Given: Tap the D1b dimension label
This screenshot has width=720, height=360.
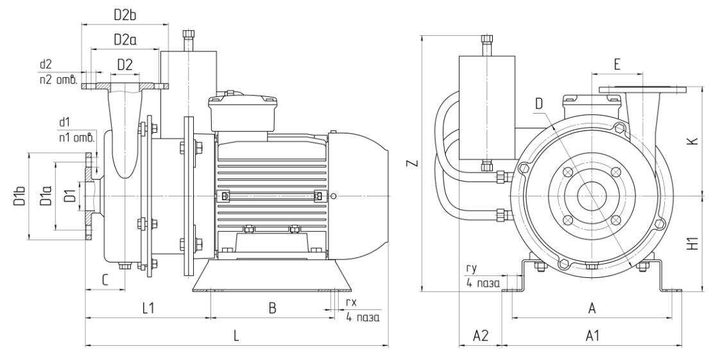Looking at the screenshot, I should point(19,196).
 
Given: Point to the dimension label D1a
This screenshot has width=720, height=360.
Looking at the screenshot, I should point(45,196).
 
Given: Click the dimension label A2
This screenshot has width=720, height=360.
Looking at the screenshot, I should point(480,335).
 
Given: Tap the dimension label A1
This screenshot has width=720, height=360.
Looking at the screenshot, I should point(593,335).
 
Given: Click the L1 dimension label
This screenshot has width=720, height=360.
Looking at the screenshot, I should point(148,309).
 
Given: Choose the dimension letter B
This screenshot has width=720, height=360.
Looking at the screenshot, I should point(272,309).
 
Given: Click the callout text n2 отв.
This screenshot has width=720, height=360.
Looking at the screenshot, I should point(56,80).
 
